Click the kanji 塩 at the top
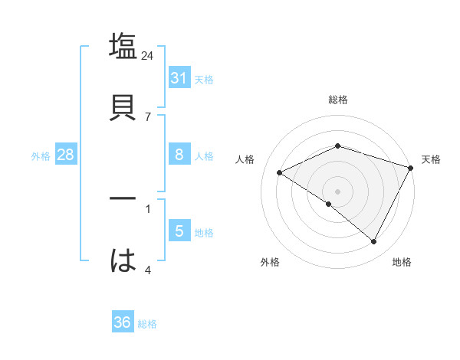click(123, 46)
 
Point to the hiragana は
click(123, 260)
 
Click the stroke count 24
click(148, 56)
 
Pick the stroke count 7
click(148, 116)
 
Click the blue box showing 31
click(179, 78)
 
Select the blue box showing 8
click(179, 155)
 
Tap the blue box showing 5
click(179, 231)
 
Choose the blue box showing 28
click(65, 155)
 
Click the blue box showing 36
click(122, 322)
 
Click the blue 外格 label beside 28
click(41, 156)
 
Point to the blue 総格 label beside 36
click(148, 324)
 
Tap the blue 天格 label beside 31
click(204, 80)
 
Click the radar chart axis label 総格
click(338, 100)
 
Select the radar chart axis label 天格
click(432, 159)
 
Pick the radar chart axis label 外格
click(270, 262)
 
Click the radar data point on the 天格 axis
click(412, 168)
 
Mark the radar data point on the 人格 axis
click(280, 173)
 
